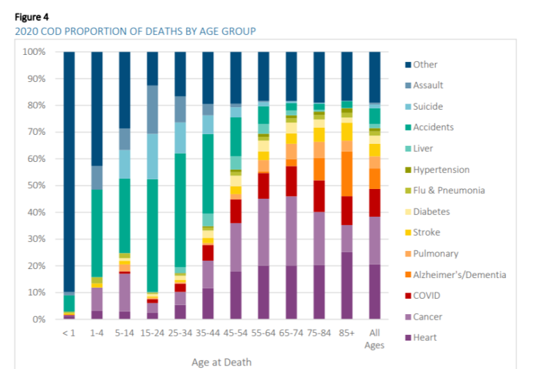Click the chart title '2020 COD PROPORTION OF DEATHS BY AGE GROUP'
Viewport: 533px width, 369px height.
[130, 31]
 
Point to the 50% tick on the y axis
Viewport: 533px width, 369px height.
[34, 186]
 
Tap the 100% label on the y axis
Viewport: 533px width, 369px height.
[33, 52]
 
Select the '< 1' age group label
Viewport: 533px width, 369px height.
[69, 334]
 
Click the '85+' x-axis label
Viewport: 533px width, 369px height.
[346, 334]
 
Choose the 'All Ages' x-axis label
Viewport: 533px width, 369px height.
[374, 338]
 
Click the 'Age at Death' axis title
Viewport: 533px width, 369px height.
[221, 361]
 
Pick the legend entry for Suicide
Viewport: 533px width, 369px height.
[428, 106]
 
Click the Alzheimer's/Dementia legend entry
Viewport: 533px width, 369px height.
[459, 274]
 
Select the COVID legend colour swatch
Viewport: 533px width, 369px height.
[408, 296]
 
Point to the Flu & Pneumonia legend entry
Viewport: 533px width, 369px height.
[448, 190]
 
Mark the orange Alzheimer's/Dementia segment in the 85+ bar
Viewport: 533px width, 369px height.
[346, 174]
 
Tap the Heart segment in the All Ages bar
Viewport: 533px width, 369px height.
[374, 292]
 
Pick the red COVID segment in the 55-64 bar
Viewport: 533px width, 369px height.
[263, 186]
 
